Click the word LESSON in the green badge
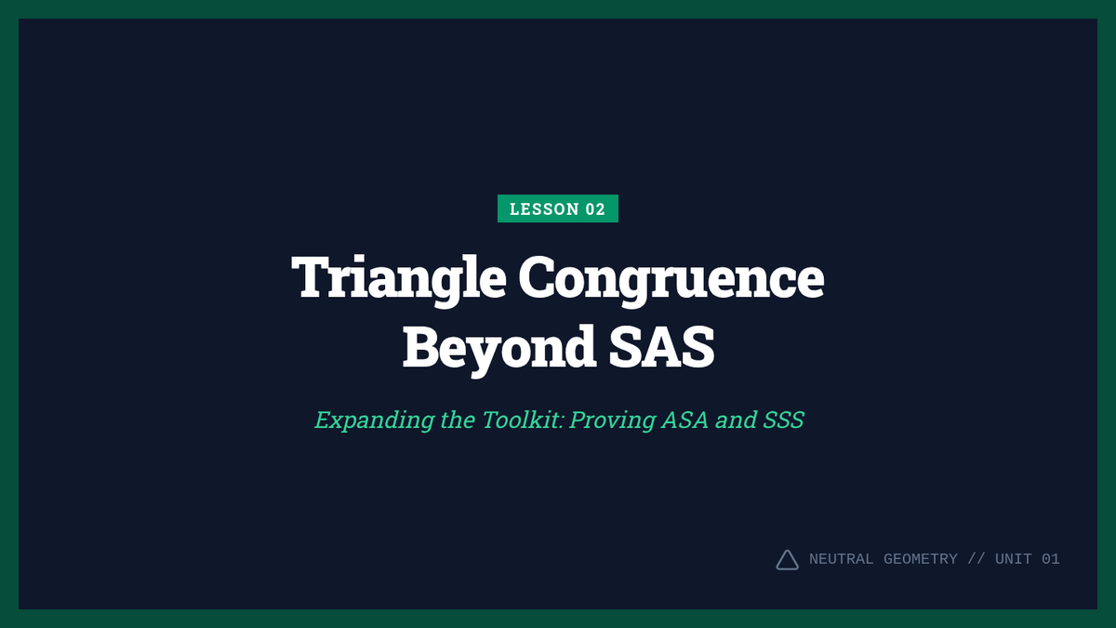544,208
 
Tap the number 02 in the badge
595,208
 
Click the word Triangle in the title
399,279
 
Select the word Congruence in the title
671,279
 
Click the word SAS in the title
661,346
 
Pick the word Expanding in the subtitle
375,421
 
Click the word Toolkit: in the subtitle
523,420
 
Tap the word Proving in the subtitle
612,421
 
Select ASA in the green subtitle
685,420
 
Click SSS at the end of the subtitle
784,420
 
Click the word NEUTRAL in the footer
841,559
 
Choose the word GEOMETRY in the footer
920,559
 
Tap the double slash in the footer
976,559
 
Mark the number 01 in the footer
1051,559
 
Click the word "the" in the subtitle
458,420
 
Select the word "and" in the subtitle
736,420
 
